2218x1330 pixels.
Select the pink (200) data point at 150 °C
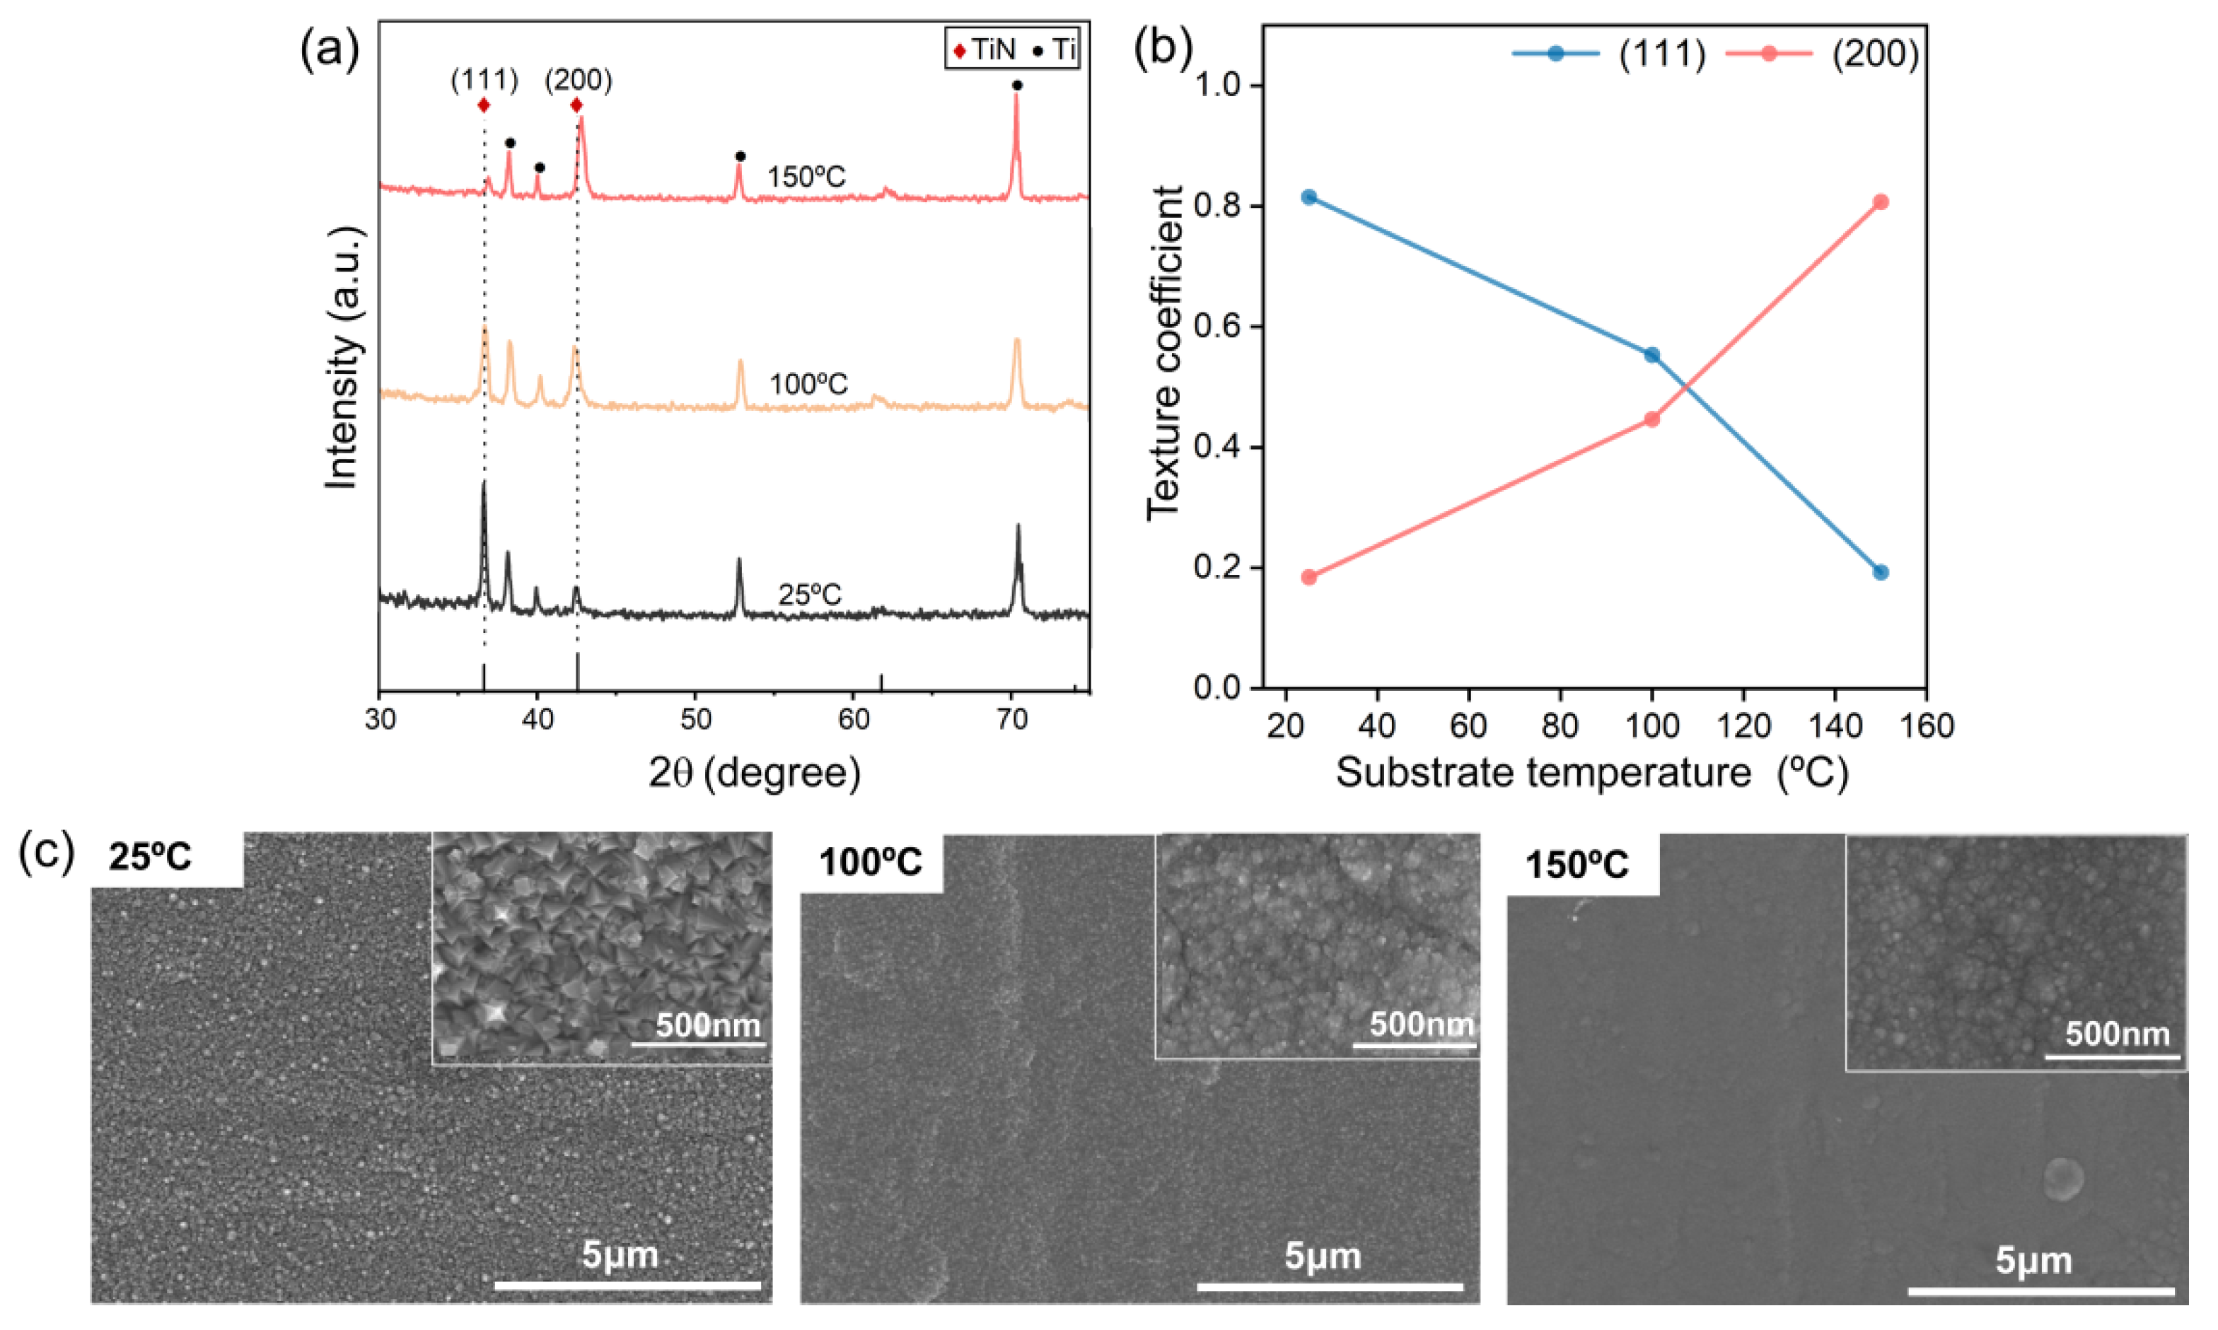1880,202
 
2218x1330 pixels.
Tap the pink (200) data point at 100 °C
1651,419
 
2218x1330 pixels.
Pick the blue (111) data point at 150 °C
1880,572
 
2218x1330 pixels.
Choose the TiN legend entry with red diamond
984,50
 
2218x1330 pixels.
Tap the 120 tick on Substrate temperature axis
1743,724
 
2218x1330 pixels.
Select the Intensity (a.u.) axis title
342,358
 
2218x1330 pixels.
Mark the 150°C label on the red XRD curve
805,177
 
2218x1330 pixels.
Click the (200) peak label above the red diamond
579,81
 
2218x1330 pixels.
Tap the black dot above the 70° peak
1016,85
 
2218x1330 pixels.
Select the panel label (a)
330,49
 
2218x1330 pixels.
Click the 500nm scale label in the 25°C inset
707,1025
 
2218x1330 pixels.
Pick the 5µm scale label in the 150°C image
2033,1260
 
